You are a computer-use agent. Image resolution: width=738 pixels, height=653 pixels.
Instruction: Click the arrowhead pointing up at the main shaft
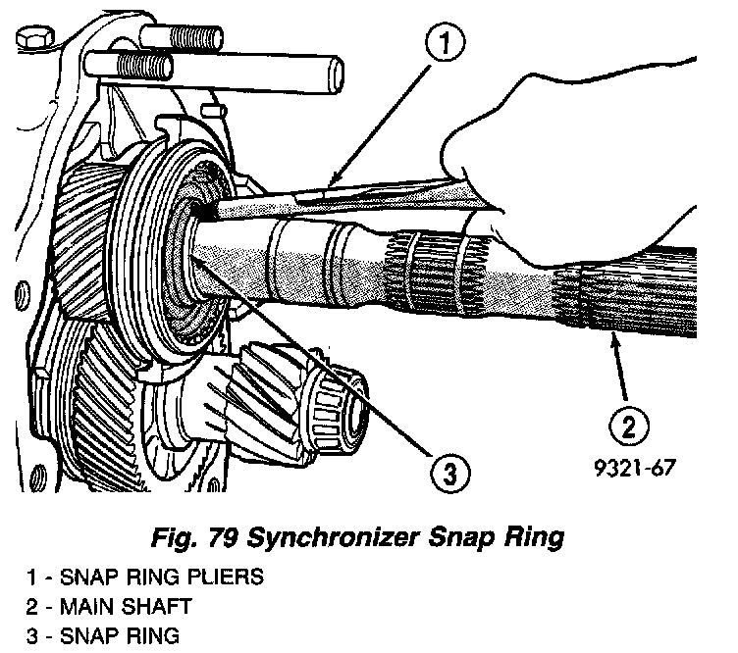(612, 339)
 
